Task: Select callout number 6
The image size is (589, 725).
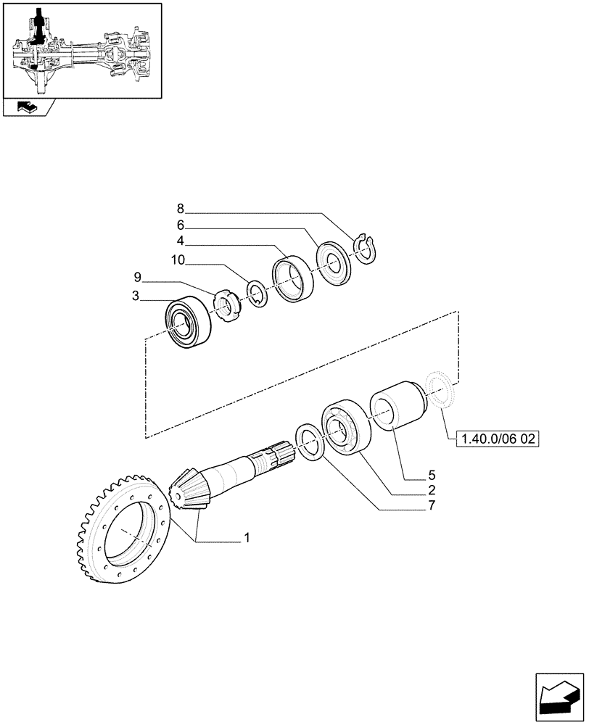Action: pos(181,225)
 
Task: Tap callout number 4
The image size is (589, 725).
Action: pos(181,242)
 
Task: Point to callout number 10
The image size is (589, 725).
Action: pos(178,260)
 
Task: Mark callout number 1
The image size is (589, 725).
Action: pos(247,538)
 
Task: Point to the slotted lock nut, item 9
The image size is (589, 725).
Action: pos(227,306)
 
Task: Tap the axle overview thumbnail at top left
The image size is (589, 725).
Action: pos(81,50)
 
